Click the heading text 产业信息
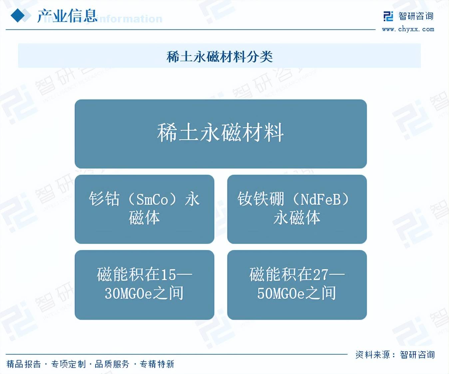[x=67, y=16]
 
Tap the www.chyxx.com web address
[x=408, y=29]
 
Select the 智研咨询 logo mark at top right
[x=388, y=16]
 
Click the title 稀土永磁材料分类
[x=220, y=57]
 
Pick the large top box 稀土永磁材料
[x=221, y=133]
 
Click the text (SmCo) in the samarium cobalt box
[x=152, y=199]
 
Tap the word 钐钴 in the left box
[x=104, y=199]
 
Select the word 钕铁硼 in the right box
[x=260, y=199]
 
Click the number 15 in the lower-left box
[x=168, y=275]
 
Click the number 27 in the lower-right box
[x=321, y=275]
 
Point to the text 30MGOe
[x=129, y=293]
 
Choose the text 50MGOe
[x=281, y=293]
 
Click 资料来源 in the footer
[x=372, y=355]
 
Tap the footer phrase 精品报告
[x=24, y=364]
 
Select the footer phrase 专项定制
[x=68, y=364]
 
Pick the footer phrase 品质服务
[x=112, y=364]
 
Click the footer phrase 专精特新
[x=157, y=364]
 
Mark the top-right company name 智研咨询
[x=416, y=16]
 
